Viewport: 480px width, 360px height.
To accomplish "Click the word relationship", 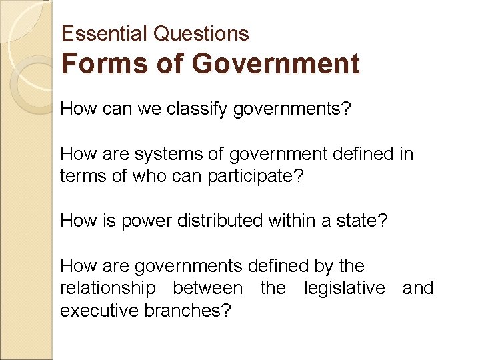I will click(x=108, y=289).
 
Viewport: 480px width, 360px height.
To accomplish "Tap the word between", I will click(x=207, y=289).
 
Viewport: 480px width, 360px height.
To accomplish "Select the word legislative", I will click(x=345, y=289).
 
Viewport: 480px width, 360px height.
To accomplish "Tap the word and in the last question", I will click(x=418, y=289).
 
